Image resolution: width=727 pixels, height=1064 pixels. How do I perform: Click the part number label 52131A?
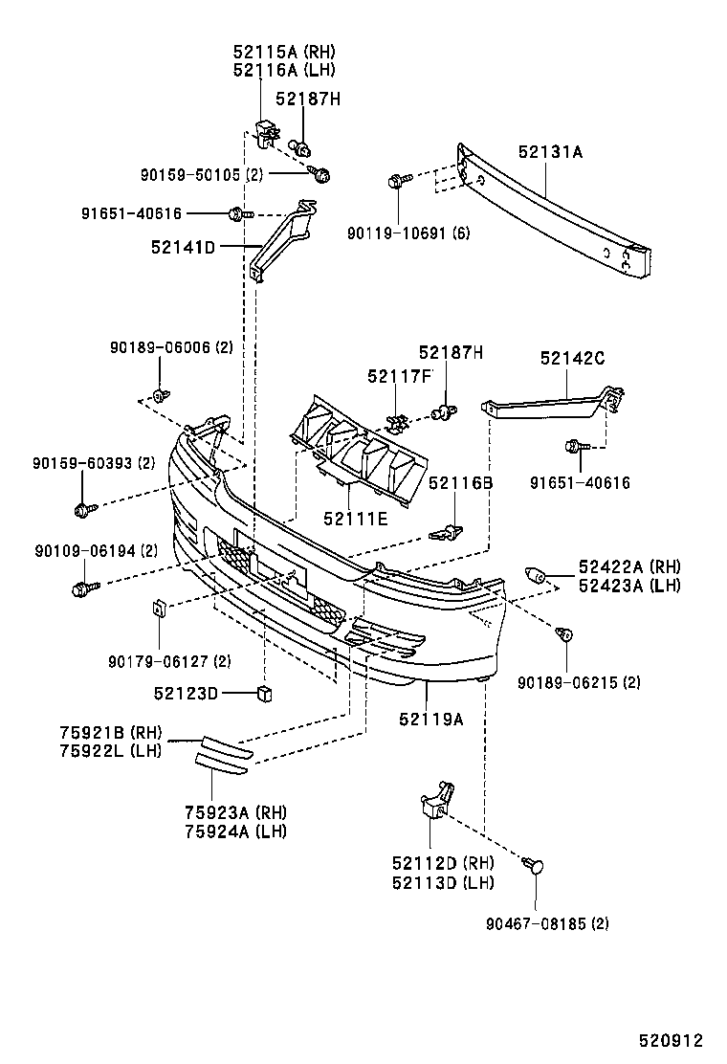tap(550, 151)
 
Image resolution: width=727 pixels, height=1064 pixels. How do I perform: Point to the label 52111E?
tap(355, 518)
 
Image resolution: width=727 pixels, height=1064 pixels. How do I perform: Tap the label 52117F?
tap(400, 376)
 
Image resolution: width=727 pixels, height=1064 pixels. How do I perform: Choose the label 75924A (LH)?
tap(235, 831)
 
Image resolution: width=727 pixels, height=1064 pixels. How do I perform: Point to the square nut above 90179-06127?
tap(159, 608)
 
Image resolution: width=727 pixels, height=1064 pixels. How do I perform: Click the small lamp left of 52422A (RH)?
tap(538, 576)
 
